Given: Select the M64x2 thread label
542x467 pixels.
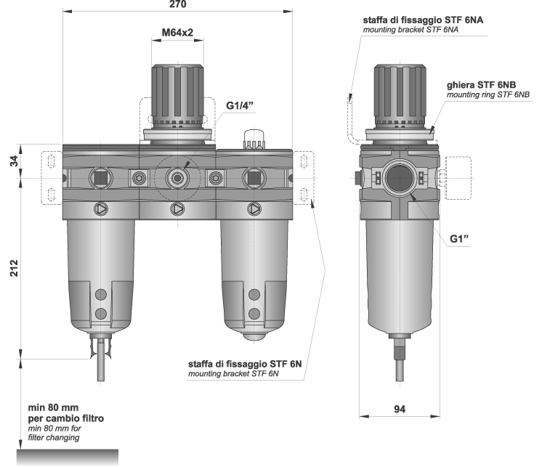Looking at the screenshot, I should [177, 33].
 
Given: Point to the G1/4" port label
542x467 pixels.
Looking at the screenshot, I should [241, 106].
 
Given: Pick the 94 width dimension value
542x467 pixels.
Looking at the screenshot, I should [400, 410].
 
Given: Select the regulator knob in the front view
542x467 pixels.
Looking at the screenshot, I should [177, 94].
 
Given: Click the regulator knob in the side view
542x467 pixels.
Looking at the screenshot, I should [399, 94].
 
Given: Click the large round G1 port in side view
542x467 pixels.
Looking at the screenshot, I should [399, 177].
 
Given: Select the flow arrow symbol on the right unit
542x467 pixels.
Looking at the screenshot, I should [254, 209].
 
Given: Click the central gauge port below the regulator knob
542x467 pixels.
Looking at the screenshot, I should [177, 176].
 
